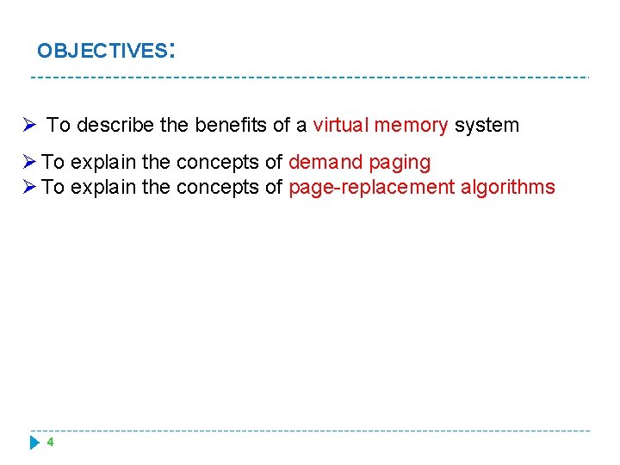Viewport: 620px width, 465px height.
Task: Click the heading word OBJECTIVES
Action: (102, 51)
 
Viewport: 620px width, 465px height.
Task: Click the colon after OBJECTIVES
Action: (173, 49)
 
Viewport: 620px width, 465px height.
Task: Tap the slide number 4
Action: (50, 443)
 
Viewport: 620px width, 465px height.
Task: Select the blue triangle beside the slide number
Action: (34, 443)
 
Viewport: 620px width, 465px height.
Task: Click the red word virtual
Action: (341, 125)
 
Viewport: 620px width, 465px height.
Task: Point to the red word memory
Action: (412, 125)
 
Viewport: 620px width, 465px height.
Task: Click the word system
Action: (487, 125)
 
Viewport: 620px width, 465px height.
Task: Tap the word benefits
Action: (231, 125)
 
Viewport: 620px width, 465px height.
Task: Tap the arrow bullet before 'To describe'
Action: (28, 125)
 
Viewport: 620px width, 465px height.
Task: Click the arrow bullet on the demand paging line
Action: (28, 162)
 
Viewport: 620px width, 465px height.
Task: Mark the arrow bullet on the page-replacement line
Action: (28, 188)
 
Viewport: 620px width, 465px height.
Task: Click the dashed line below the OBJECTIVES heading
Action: (310, 77)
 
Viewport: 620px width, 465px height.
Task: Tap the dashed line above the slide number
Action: (310, 431)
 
